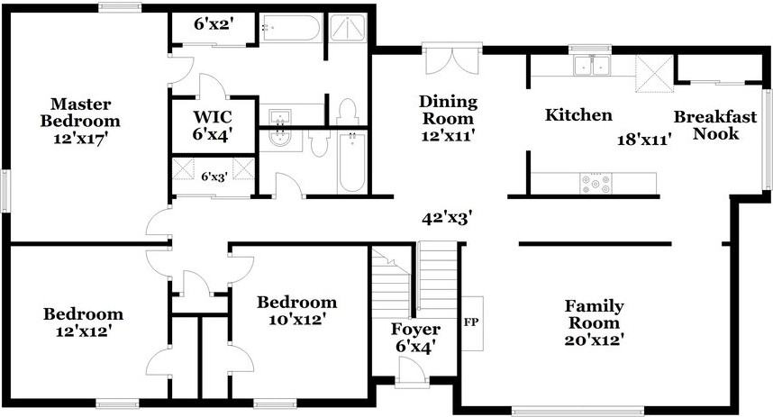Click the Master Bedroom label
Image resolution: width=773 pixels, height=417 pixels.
[x=86, y=112]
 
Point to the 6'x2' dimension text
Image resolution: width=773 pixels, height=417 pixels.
[x=214, y=24]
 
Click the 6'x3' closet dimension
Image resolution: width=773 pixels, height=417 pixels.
[x=214, y=177]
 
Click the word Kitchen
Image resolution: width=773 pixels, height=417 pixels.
[x=578, y=115]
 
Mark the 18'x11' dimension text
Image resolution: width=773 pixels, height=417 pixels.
[x=645, y=140]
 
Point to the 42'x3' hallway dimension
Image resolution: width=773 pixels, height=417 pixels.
[x=448, y=218]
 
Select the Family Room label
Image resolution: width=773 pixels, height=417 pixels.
[x=594, y=314]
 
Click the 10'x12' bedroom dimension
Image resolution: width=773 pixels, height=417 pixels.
[x=296, y=319]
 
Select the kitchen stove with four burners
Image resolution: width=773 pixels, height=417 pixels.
[x=595, y=184]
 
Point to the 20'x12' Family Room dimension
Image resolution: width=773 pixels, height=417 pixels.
[x=594, y=340]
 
